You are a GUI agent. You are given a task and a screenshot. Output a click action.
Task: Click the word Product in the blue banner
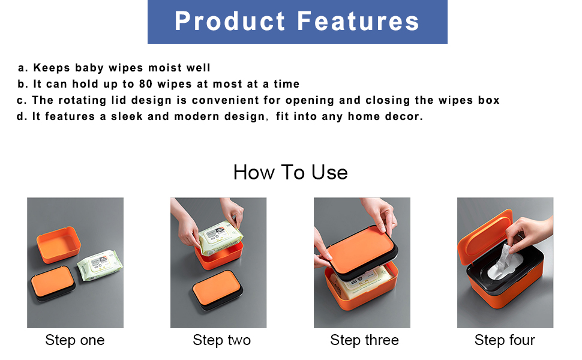[x=230, y=21]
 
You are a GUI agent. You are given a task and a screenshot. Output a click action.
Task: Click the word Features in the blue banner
[x=358, y=21]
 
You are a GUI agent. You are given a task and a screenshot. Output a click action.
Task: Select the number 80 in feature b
[x=145, y=84]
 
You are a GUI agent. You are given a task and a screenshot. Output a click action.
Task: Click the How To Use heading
[x=290, y=173]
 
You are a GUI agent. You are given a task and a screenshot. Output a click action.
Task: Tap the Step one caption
[x=75, y=340]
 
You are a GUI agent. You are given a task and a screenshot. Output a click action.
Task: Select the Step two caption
[x=221, y=340]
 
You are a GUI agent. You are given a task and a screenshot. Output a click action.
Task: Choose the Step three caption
[x=364, y=340]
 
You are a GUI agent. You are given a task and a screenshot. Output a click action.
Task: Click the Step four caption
[x=505, y=340]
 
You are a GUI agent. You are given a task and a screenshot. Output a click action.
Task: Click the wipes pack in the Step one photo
[x=100, y=265]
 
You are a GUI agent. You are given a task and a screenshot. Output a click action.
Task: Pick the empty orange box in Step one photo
[x=59, y=244]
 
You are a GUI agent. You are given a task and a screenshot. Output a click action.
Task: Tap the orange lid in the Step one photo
[x=53, y=283]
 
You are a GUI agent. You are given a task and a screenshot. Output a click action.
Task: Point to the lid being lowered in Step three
[x=361, y=253]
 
